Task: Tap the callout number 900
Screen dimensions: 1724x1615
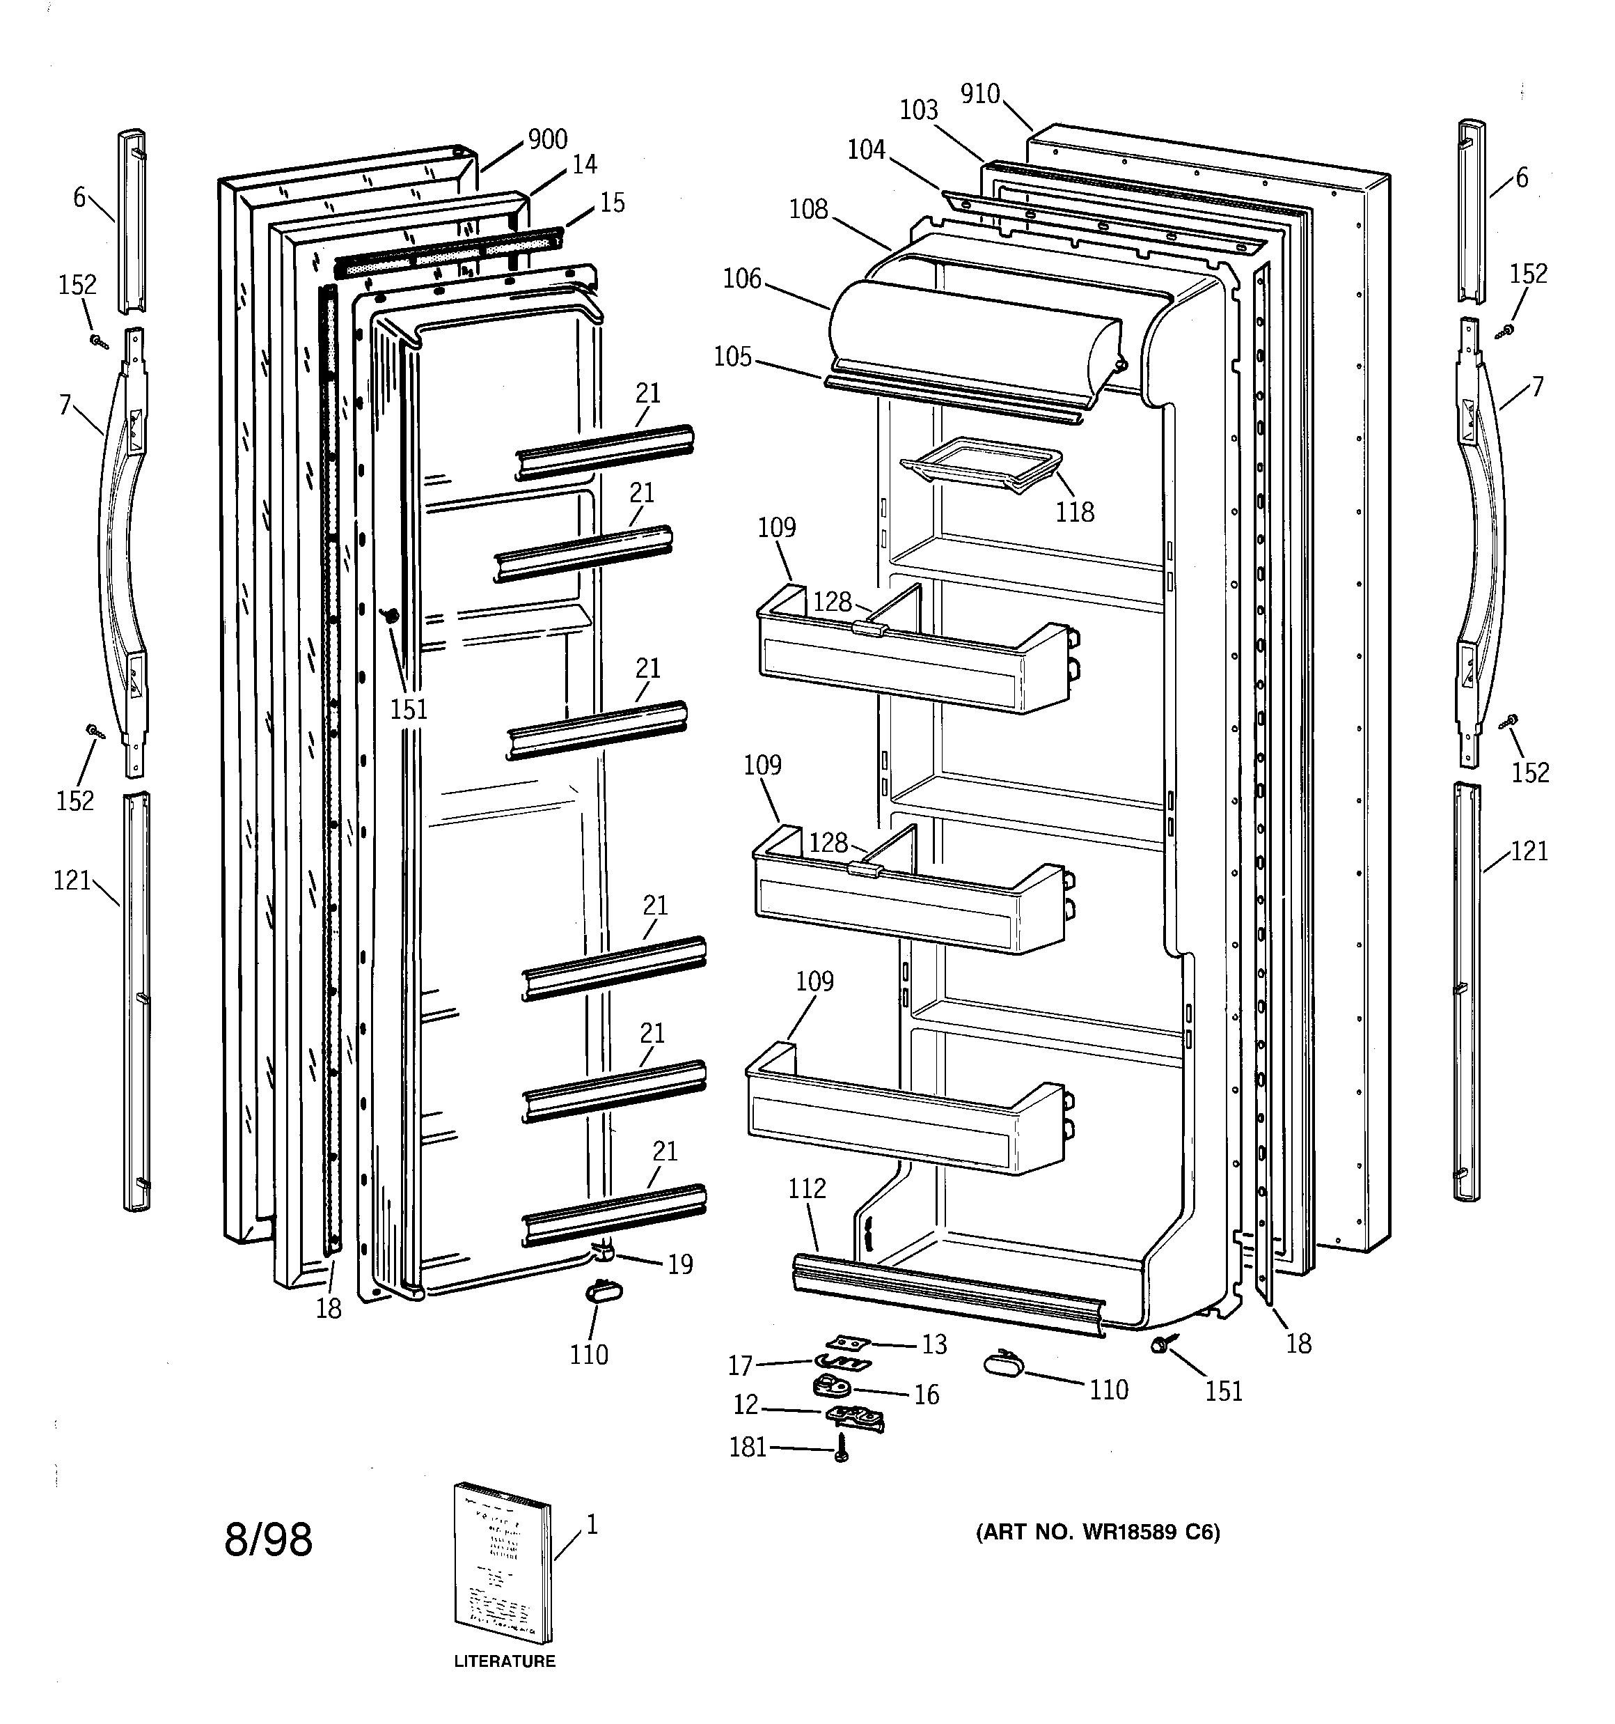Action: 548,139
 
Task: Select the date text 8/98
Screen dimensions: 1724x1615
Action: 268,1540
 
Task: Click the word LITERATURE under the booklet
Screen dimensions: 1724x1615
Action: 505,1661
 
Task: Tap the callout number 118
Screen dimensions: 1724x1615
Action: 1074,513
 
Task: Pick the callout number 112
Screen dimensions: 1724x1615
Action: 807,1189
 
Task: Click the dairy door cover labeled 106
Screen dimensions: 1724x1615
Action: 971,343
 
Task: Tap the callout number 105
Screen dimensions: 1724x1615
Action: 732,357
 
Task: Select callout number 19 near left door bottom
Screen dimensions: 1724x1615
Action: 681,1264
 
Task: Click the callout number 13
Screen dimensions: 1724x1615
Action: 933,1344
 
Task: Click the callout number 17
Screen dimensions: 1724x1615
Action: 739,1367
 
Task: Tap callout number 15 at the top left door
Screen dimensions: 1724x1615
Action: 612,203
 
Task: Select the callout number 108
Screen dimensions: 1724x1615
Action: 808,210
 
